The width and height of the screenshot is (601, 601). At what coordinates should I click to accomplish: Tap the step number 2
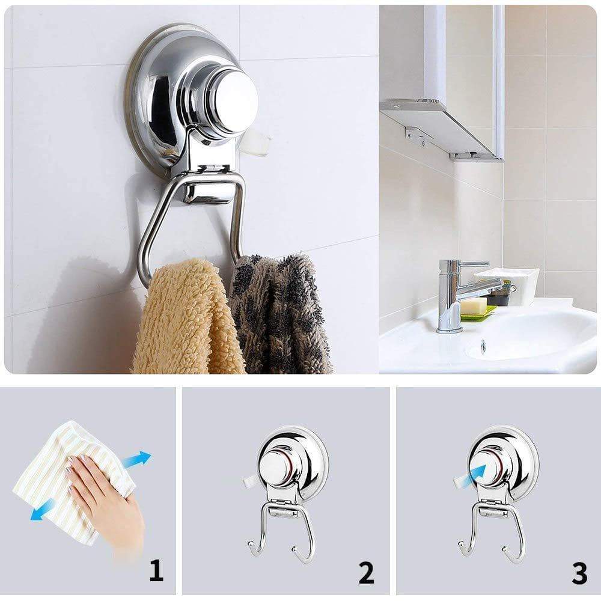click(x=366, y=572)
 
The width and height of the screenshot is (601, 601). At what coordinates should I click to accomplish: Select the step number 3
click(x=579, y=572)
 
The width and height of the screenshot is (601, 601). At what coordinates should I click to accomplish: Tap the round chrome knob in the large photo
click(x=231, y=102)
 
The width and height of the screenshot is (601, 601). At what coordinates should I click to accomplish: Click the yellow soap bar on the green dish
click(x=474, y=305)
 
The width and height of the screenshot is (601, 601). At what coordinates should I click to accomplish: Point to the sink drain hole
click(x=483, y=345)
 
